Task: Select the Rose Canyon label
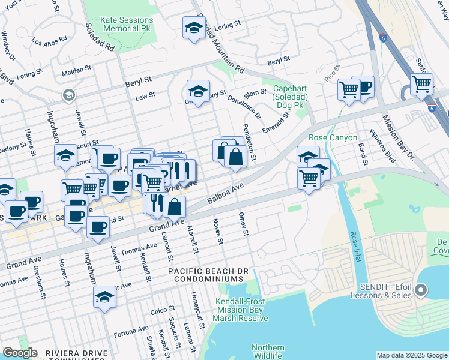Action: pos(333,137)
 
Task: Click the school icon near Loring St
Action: pos(193,28)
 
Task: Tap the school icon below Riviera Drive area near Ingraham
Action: pos(104,297)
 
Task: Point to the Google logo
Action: pos(20,353)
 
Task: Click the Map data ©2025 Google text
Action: pos(412,355)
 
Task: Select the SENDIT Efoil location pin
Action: pos(421,291)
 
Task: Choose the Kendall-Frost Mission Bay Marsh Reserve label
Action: pos(243,310)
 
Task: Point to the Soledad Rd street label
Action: pos(100,37)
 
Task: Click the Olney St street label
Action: pos(243,224)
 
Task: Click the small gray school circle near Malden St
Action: pos(68,95)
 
